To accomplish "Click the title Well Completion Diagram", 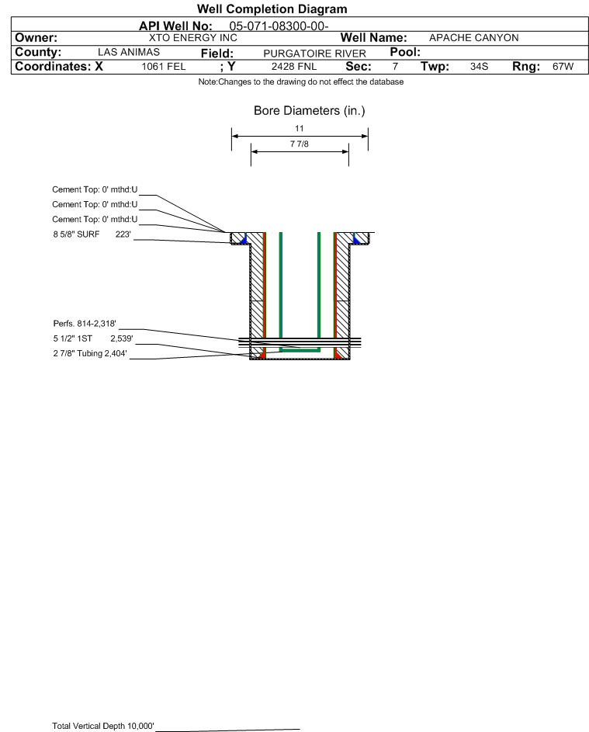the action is (x=272, y=9).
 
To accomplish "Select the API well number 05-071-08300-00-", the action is (x=279, y=26).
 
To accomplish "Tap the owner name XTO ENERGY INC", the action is (x=192, y=38).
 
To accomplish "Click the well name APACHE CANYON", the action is (x=473, y=38).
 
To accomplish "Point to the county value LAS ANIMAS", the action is (x=129, y=52).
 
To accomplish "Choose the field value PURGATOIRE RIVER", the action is (x=314, y=54).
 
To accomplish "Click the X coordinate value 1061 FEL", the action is (x=164, y=66).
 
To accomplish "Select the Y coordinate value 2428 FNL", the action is (x=294, y=66).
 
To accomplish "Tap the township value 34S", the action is (x=480, y=66).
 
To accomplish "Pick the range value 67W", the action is (x=563, y=66).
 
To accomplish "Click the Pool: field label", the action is (x=405, y=52).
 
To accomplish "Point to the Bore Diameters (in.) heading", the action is (x=310, y=111).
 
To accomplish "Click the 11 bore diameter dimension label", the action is (x=300, y=128).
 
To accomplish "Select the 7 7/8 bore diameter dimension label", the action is (x=300, y=144).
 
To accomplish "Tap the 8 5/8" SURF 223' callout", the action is (x=92, y=234).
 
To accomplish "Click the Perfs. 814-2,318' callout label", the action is (x=85, y=324).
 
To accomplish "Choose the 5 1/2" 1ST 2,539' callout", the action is (x=93, y=338).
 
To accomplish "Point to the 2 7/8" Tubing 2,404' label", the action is (x=90, y=353).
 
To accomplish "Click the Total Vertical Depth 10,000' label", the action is (x=103, y=726).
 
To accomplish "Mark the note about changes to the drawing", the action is (x=301, y=82).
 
